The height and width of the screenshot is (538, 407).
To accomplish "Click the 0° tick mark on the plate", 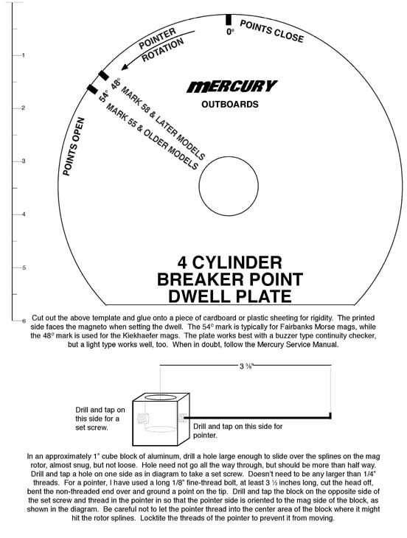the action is pos(229,20).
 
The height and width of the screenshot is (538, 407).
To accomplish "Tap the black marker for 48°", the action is pos(104,75).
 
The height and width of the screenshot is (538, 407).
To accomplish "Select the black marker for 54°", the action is pos(92,89).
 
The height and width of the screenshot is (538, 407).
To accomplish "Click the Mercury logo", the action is pos(232,86).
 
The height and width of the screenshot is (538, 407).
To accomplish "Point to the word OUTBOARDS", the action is pos(230,105).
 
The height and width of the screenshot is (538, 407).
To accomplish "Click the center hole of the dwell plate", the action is pos(229,186).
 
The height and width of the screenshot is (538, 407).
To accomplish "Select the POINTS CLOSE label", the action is pos(272,31).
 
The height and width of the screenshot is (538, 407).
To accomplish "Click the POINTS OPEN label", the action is pos(74,147).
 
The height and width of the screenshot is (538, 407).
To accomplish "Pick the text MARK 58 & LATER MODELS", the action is pos(163,122).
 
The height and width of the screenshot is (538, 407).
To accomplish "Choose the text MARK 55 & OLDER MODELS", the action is pos(152,136).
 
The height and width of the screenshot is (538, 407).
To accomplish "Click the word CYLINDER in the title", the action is pos(237,263).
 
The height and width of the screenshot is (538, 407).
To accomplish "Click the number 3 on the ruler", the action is pos(24,161).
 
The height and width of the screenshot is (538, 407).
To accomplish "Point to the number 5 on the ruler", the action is pos(24,268).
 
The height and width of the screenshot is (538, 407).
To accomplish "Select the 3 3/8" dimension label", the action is pos(246,366).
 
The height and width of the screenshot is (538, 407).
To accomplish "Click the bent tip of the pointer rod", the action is pos(330,415).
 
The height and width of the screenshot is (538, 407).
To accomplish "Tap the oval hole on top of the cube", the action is pos(160,397).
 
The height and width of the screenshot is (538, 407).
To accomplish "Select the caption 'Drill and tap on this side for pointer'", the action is pos(238,431).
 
